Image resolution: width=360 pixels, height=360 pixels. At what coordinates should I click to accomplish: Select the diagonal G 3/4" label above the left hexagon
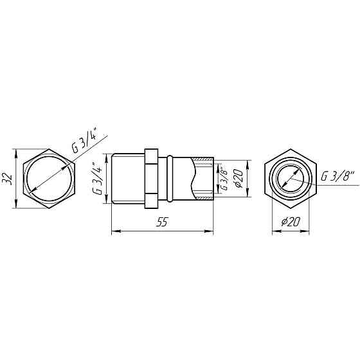pos(84,141)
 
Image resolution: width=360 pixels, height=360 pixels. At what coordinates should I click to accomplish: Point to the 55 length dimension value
pos(163,222)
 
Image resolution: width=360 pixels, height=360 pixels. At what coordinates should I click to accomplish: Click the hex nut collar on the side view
pos(150,179)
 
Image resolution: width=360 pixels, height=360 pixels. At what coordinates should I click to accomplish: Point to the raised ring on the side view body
pos(170,179)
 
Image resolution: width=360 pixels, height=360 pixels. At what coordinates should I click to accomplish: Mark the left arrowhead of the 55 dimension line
pos(114,230)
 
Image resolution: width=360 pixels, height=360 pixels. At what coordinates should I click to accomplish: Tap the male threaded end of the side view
pos(127,179)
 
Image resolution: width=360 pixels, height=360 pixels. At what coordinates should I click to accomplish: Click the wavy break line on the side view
pos(197,179)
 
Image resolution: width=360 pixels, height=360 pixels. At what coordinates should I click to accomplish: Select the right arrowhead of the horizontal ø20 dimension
pos(315,230)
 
